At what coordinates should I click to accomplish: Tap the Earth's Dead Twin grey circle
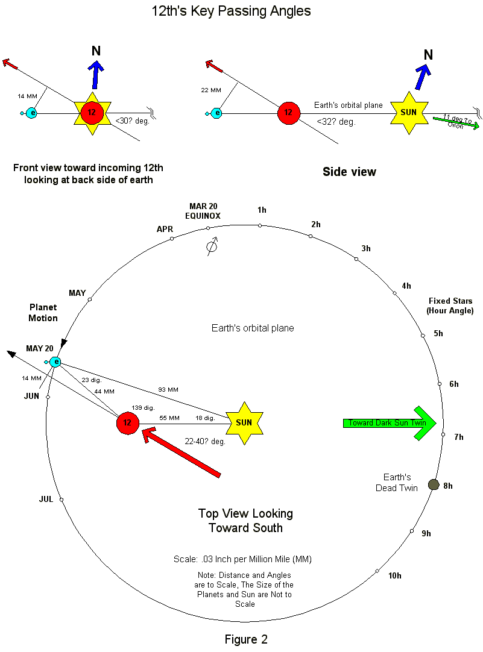433,484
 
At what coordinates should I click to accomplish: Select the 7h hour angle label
458,437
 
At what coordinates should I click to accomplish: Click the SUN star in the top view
244,423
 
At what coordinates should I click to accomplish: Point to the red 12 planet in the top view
127,423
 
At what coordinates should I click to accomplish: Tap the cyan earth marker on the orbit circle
55,362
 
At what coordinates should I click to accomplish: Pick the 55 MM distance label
169,418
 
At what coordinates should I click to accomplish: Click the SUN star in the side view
409,113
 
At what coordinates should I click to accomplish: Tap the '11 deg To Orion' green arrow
456,122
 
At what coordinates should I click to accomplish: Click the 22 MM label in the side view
212,90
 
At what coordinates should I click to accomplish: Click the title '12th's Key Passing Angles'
232,11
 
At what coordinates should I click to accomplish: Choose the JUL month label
46,499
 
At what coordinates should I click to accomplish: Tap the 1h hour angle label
262,210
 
